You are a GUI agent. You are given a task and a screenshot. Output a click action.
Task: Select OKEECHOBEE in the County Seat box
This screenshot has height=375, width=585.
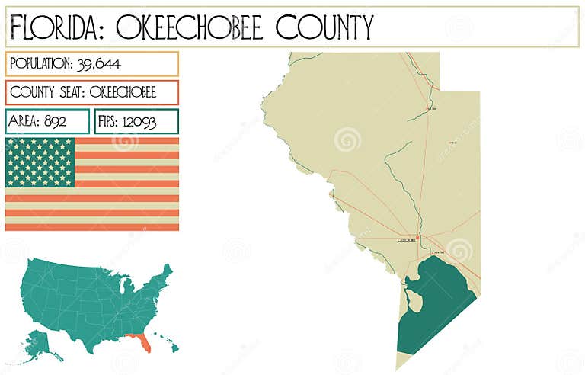[123, 92]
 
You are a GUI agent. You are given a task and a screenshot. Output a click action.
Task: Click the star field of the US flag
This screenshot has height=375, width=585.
[40, 162]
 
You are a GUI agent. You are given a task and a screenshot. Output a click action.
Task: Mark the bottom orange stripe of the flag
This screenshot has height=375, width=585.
[91, 226]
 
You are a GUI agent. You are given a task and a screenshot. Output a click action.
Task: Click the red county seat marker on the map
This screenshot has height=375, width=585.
[417, 238]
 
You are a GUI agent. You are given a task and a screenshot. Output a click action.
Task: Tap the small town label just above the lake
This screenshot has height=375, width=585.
[438, 251]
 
